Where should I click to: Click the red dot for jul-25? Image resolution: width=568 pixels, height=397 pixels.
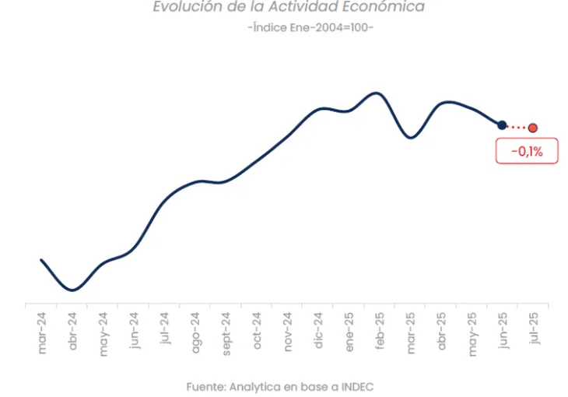coord(533,128)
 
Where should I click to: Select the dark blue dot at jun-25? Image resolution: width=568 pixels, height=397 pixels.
coord(502,125)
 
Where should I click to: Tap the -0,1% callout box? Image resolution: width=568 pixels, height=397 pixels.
coord(527,152)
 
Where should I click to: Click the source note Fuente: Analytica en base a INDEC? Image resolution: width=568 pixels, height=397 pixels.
coord(285,386)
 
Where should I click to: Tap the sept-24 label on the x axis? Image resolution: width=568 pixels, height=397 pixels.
coord(226,333)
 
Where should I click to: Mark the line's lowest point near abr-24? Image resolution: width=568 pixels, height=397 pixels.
coord(72,290)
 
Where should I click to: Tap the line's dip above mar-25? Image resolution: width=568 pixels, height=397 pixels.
coord(411,138)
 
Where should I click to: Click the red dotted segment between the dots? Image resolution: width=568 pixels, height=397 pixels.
coord(517,127)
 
